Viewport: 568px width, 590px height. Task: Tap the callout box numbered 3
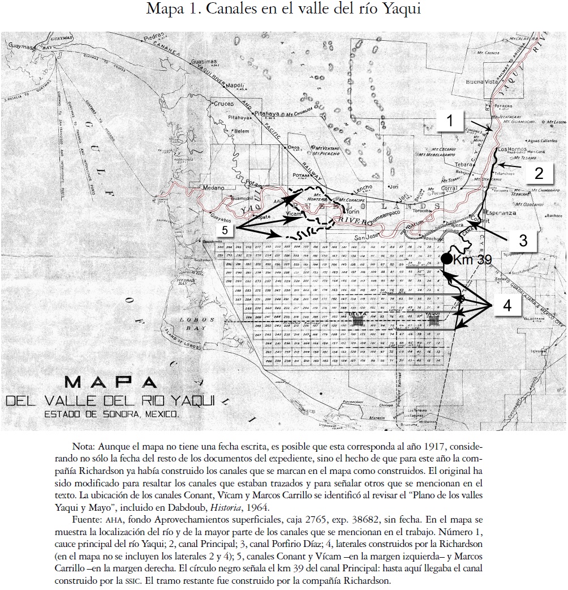point(523,240)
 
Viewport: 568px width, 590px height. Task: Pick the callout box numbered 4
point(507,306)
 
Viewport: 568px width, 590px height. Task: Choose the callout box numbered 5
point(225,230)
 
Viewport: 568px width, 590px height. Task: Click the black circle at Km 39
point(446,259)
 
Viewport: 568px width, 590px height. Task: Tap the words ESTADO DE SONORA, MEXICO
point(113,414)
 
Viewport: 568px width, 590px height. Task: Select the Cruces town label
point(223,104)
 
